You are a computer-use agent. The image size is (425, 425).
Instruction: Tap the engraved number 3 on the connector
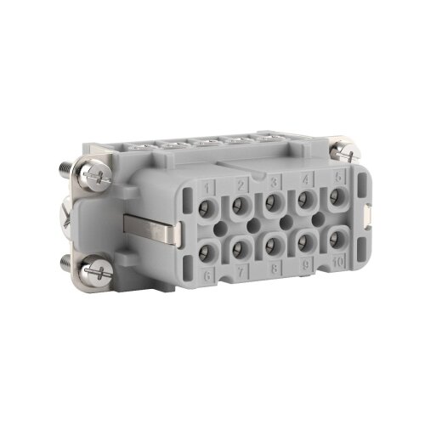click(274, 181)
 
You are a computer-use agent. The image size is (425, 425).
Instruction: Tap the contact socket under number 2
click(241, 205)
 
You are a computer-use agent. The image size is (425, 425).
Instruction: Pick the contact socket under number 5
click(336, 196)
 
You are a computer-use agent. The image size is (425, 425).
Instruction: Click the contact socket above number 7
click(241, 248)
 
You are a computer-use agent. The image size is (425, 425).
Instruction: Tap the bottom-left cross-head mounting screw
click(91, 274)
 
